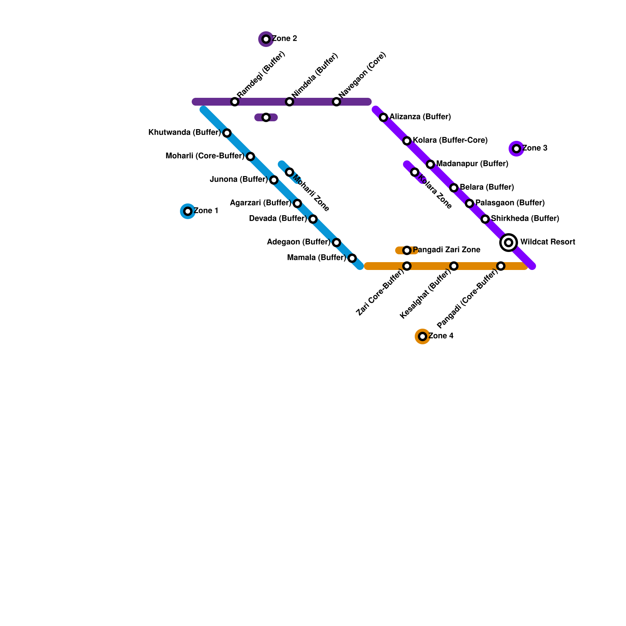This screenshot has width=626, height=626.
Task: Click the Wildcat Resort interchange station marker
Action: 509,243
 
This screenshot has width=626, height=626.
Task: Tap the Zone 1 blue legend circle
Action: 188,211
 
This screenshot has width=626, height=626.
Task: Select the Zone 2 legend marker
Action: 266,39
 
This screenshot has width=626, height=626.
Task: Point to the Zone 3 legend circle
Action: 516,149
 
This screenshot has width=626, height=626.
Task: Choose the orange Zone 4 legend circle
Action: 423,336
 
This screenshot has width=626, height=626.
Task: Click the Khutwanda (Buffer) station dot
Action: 227,133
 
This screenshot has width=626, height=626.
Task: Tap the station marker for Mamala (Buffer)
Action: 352,258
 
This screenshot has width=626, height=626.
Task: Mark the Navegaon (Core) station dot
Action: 336,102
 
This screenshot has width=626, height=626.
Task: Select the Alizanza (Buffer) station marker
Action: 383,117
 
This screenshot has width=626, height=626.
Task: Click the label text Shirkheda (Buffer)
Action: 525,219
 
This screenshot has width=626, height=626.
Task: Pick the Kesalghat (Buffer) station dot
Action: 454,266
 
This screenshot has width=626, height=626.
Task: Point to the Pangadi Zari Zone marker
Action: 407,250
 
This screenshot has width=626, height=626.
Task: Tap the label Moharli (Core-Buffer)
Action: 205,156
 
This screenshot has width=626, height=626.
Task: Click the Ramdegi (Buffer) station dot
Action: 235,102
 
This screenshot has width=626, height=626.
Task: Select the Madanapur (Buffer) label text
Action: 472,164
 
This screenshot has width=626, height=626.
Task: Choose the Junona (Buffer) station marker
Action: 274,180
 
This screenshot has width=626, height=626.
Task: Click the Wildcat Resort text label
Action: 548,242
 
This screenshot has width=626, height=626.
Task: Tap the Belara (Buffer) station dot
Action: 454,188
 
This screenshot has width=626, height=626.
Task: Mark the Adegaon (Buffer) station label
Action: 299,242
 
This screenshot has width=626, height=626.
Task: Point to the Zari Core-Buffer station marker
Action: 407,266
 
